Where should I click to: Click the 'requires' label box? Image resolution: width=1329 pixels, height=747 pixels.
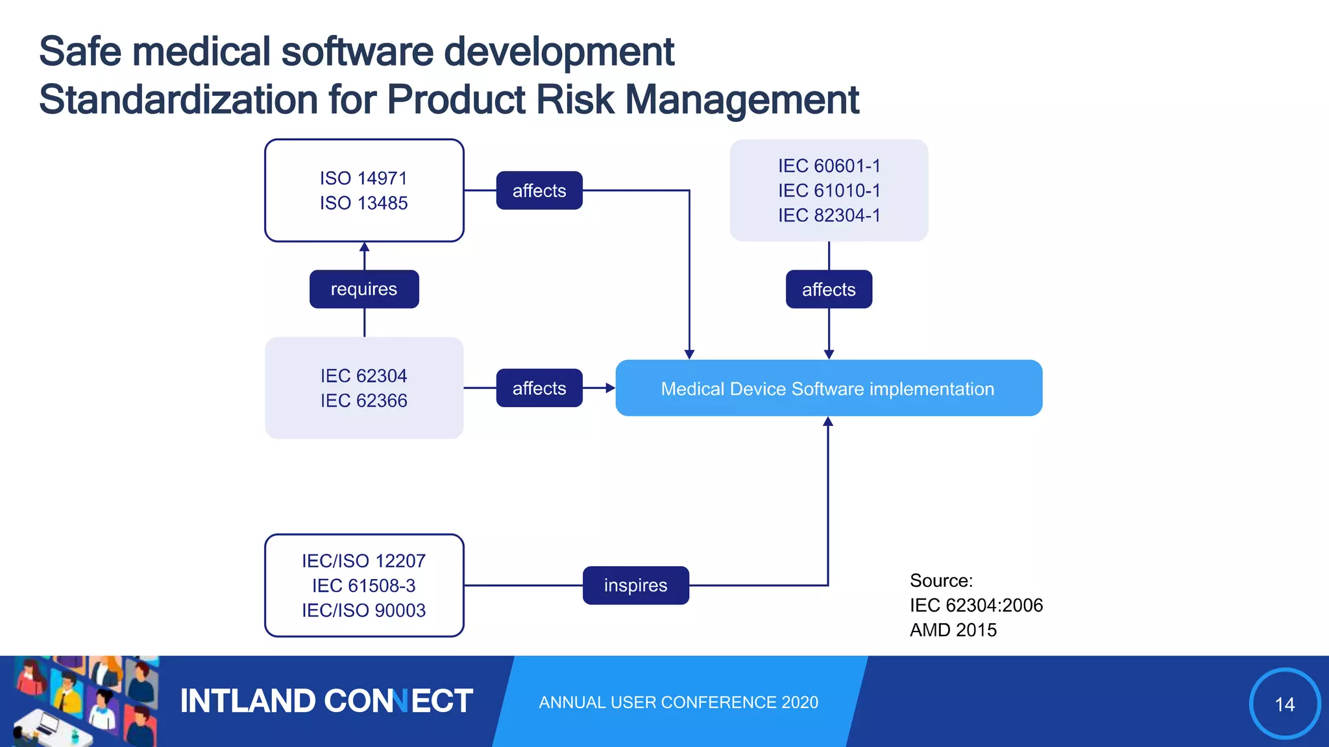coord(364,289)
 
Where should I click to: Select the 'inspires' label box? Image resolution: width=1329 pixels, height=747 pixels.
coord(635,586)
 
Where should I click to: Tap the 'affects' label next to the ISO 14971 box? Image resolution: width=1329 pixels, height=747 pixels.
coord(539,191)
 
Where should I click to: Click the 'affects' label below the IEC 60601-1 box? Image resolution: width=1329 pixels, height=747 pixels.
coord(829,289)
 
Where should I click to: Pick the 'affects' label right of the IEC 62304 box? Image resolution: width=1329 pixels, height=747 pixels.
coord(539,388)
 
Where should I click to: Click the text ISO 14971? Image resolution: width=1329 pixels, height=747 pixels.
coord(363,178)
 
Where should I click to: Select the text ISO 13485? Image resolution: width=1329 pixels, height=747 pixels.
coord(363,203)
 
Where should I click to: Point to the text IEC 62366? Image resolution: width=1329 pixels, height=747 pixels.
coord(363,401)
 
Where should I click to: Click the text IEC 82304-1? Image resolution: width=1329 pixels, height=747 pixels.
coord(829,215)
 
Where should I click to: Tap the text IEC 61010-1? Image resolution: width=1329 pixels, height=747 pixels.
coord(829,191)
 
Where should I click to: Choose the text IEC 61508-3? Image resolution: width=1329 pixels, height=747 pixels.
coord(363,586)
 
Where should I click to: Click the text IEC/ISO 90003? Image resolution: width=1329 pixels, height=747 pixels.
coord(363,610)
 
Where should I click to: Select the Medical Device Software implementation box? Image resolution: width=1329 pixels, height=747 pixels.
coord(828,388)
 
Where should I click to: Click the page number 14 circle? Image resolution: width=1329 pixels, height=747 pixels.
coord(1284,704)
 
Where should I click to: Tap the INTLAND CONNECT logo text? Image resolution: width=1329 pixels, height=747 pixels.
coord(326,701)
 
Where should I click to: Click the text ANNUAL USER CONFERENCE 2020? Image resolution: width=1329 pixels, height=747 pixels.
coord(678,702)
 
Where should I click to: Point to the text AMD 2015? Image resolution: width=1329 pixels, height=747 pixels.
coord(953,630)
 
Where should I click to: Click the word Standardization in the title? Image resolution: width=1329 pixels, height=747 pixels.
coord(178,100)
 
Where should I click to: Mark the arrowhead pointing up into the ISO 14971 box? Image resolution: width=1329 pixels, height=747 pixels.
coord(364,247)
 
